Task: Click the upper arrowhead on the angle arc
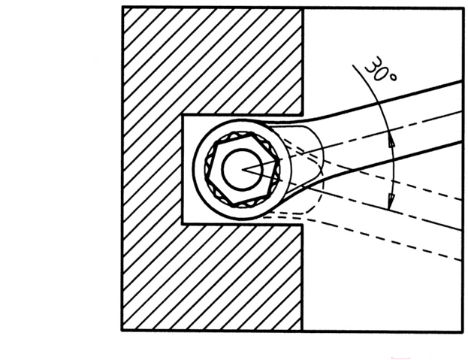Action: click(x=391, y=141)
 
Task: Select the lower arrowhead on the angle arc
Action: click(x=390, y=201)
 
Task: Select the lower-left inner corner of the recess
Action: click(x=183, y=223)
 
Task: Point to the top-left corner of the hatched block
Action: click(x=122, y=8)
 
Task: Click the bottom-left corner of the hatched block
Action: click(x=122, y=331)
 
